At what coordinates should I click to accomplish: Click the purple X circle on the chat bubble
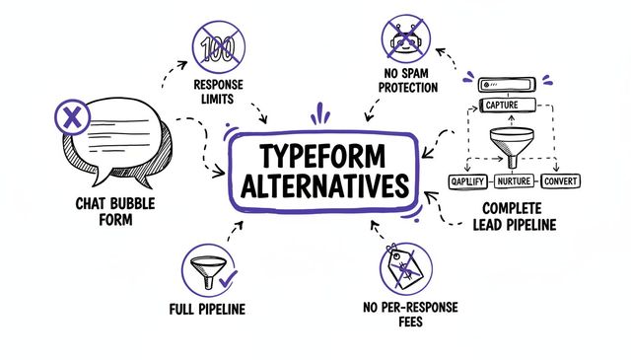(x=69, y=119)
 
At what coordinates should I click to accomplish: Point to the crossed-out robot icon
(x=406, y=40)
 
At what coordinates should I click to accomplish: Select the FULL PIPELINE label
(x=208, y=310)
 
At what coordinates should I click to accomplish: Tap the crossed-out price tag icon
(x=406, y=271)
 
